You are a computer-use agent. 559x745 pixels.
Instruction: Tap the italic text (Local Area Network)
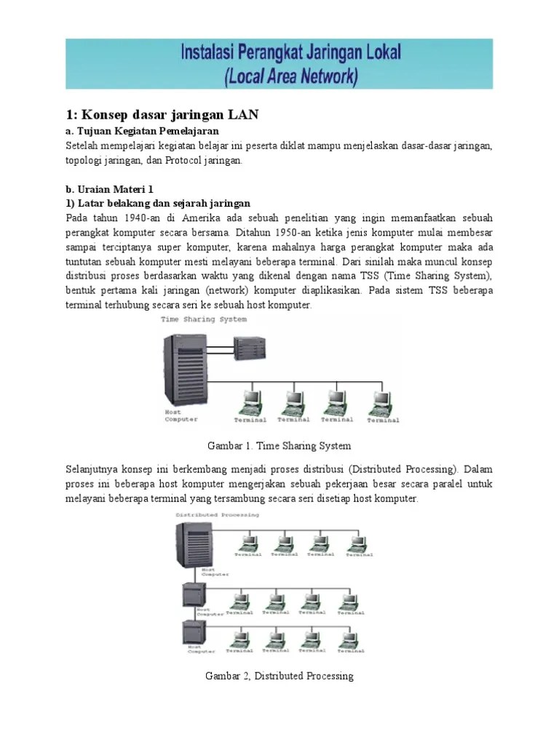(x=279, y=76)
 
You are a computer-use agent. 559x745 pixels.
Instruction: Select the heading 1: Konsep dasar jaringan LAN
(x=162, y=115)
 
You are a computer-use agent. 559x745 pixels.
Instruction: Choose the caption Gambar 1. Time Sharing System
(x=279, y=445)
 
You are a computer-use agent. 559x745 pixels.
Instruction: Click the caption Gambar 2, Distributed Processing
(x=279, y=676)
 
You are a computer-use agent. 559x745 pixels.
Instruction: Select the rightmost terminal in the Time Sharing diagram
(x=380, y=402)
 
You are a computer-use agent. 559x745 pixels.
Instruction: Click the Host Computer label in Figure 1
(x=178, y=416)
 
